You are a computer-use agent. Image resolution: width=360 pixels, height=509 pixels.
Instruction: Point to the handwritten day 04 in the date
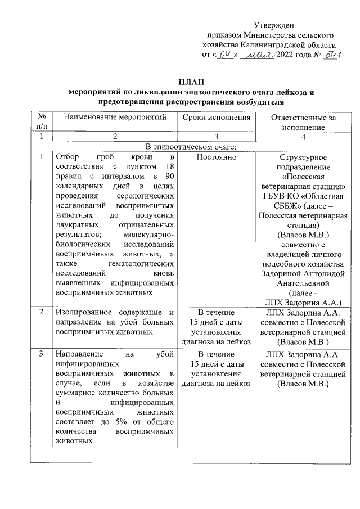pyautogui.click(x=226, y=55)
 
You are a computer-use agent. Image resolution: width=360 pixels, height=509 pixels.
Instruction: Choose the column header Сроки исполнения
pyautogui.click(x=217, y=118)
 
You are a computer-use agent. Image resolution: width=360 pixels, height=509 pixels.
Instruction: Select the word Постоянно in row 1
pyautogui.click(x=216, y=158)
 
